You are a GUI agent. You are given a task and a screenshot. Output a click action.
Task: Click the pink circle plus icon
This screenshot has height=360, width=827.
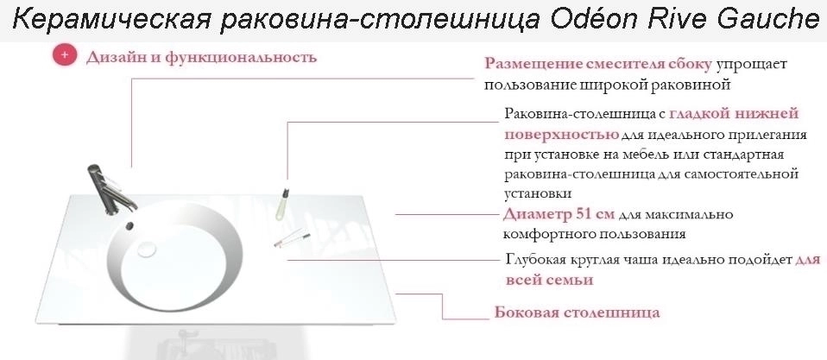[x=65, y=55]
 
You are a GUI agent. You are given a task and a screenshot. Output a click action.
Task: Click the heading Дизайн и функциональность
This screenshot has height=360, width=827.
[x=201, y=57]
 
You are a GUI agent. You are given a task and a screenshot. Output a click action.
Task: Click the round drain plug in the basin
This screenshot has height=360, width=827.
[x=147, y=249]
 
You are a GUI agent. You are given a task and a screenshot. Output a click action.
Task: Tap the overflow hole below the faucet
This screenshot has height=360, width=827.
[x=129, y=225]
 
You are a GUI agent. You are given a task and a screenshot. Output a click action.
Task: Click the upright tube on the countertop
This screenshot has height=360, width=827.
[x=282, y=203]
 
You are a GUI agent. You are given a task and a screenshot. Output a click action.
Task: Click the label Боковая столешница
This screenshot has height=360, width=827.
[x=577, y=313]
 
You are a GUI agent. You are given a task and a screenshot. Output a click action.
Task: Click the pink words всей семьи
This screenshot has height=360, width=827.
[x=549, y=280]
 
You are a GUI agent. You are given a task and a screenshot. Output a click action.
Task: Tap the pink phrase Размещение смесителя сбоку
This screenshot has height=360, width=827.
[x=598, y=64]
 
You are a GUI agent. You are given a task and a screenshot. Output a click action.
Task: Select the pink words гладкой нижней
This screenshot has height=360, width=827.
[x=734, y=113]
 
